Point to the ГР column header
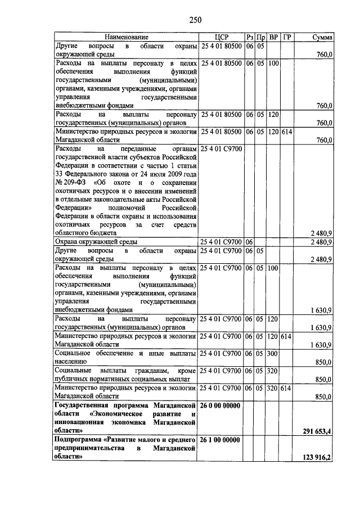click(287, 37)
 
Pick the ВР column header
click(273, 37)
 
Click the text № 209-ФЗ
click(71, 182)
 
